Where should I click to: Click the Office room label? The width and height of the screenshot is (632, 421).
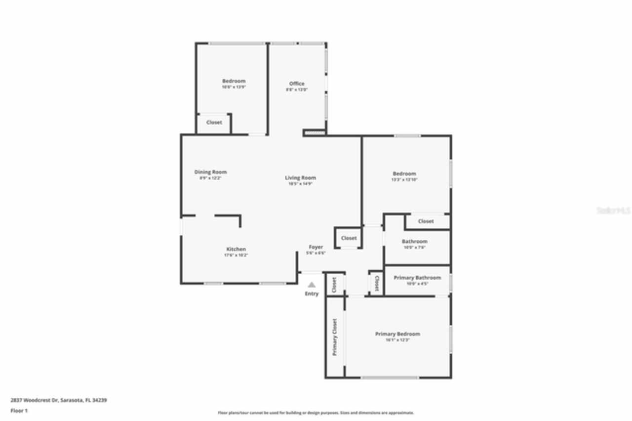[297, 84]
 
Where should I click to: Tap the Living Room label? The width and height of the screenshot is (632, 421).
[300, 178]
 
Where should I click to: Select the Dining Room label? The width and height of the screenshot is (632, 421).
[210, 172]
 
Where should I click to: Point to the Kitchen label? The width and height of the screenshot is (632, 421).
[236, 249]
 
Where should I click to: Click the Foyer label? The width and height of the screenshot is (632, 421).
[316, 247]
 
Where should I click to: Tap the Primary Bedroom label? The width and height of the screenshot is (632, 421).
[397, 334]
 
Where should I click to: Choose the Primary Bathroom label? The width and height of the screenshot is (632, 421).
[417, 278]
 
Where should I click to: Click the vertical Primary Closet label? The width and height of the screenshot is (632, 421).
[334, 337]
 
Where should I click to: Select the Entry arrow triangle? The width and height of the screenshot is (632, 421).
[312, 285]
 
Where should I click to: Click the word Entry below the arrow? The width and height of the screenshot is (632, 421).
[312, 294]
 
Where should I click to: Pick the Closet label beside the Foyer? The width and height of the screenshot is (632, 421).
[349, 238]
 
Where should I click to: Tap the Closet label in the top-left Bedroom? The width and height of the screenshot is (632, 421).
[214, 123]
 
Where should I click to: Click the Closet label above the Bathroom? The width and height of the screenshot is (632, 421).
[426, 221]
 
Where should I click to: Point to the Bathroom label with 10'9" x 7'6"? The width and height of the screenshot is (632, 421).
[414, 242]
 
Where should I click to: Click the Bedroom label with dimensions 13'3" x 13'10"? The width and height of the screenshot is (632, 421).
[404, 173]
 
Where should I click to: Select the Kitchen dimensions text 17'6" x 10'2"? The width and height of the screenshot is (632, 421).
[236, 255]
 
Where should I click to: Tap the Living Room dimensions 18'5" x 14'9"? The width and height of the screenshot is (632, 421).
[300, 183]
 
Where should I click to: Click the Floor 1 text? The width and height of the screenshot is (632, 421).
[19, 411]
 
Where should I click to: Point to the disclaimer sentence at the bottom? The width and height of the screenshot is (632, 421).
[316, 413]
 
